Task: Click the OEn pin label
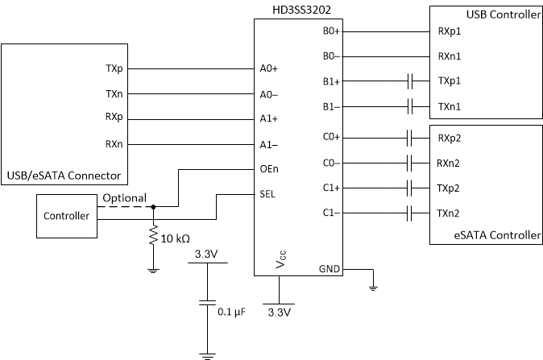[x=270, y=169]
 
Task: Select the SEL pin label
[x=268, y=193]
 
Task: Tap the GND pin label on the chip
[x=330, y=268]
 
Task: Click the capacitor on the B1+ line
[x=411, y=81]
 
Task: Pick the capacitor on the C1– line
[x=411, y=213]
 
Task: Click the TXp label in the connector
[x=114, y=69]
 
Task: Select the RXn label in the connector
[x=114, y=144]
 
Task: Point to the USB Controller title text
[x=503, y=15]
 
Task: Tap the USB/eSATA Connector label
[x=63, y=175]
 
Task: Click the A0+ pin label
[x=269, y=69]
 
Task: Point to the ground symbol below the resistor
[x=153, y=271]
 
